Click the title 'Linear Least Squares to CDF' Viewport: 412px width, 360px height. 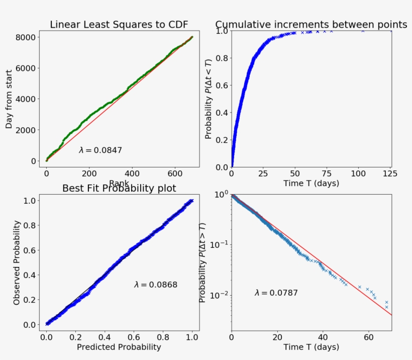click(121, 25)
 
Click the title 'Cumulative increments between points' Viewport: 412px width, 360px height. click(311, 25)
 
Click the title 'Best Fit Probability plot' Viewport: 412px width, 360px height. click(119, 189)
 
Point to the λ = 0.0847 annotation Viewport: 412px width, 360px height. click(100, 150)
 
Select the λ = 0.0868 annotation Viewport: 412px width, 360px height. click(155, 285)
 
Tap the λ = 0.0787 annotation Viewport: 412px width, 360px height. click(276, 293)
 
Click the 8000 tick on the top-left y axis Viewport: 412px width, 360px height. click(25, 37)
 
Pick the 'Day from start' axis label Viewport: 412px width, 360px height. click(9, 99)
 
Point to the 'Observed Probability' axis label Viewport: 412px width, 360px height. click(17, 262)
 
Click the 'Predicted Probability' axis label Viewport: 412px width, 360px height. click(119, 347)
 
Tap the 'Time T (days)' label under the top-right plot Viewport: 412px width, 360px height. click(311, 183)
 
